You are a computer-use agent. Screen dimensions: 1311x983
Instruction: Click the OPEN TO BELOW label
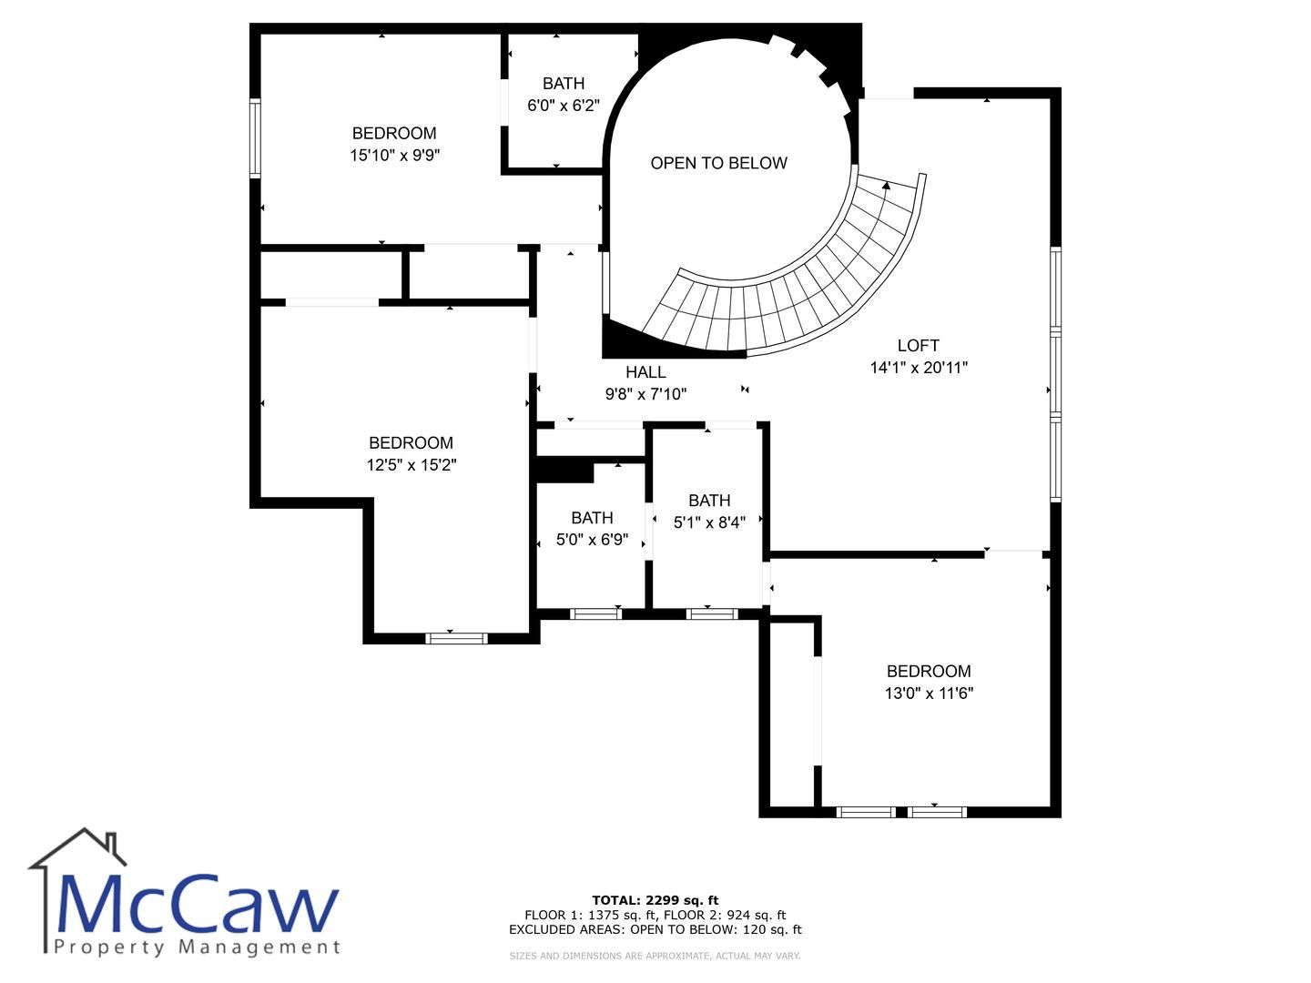718,163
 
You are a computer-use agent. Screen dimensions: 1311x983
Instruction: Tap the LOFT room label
918,346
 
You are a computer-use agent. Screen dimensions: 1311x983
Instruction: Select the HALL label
645,372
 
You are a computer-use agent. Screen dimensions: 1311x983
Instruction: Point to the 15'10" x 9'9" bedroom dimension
394,155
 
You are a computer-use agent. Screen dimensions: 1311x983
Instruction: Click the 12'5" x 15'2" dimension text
412,465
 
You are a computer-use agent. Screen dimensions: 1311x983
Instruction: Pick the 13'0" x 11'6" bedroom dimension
929,694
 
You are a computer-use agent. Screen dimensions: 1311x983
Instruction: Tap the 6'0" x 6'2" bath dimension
564,106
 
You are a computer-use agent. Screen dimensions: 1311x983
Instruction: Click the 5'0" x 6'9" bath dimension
592,540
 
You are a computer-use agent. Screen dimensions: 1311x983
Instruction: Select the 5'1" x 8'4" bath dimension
709,522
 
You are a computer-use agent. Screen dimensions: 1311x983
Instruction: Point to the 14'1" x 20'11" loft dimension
919,368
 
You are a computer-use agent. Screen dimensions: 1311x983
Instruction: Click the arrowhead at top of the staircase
887,186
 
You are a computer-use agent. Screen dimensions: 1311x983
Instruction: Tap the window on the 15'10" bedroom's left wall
255,138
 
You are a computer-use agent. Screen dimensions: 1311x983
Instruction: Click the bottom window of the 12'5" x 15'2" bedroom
456,639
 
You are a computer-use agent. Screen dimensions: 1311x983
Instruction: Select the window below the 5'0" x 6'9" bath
595,614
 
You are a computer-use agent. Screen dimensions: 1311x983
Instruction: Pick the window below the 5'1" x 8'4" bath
712,614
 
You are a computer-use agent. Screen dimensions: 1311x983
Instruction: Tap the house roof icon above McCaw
77,848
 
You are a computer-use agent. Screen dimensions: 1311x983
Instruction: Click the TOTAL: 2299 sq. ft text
655,900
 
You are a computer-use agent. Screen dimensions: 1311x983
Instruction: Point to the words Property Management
197,948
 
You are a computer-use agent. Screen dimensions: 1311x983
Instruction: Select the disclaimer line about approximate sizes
655,956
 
